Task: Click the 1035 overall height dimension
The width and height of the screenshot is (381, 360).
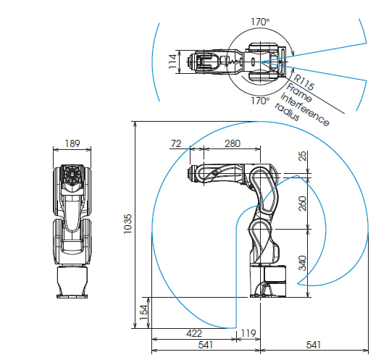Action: tap(127, 224)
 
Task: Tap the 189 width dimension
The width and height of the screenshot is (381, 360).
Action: tap(72, 143)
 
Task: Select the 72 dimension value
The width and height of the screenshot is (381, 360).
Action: tap(176, 143)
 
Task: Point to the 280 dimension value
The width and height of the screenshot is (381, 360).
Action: tap(233, 143)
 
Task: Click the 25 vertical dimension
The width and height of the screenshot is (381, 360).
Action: tap(303, 156)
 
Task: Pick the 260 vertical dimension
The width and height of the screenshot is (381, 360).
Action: tap(303, 204)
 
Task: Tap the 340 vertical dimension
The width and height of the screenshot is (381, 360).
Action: tap(303, 263)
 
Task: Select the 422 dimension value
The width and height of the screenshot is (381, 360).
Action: tap(194, 333)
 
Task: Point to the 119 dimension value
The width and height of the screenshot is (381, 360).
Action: tap(248, 333)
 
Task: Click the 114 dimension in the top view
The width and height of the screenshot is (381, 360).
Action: tap(172, 62)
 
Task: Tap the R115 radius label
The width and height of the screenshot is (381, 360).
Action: tap(303, 82)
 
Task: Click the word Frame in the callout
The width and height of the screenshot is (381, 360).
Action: tap(299, 93)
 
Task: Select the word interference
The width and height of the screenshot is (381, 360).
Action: tap(305, 109)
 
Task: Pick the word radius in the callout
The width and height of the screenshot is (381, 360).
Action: tap(287, 112)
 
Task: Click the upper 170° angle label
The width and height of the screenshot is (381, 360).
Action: tap(260, 22)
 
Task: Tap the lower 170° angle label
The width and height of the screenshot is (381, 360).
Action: tap(260, 101)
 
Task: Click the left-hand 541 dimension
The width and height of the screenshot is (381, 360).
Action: tap(206, 345)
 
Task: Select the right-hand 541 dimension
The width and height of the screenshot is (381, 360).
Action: tap(314, 345)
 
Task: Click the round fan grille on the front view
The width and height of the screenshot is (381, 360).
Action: tap(72, 175)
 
